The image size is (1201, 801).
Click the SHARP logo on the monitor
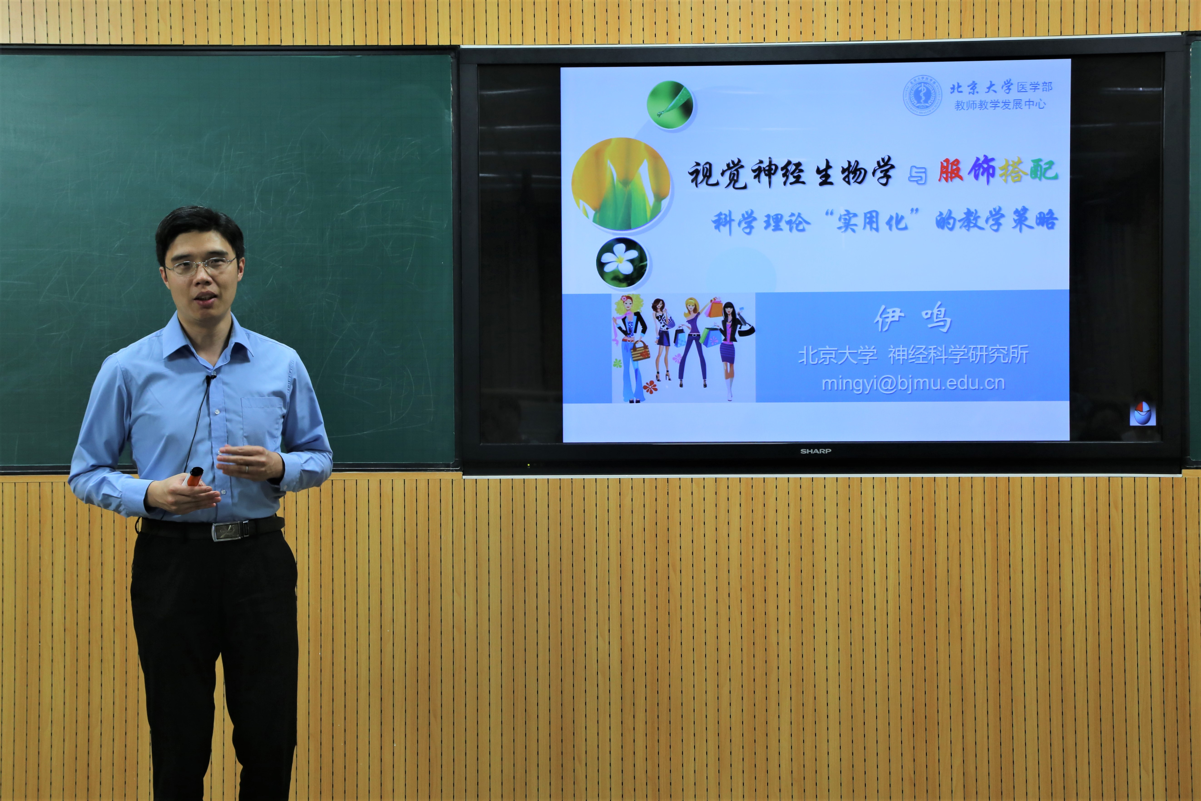tap(816, 451)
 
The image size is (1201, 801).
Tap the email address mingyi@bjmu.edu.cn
tap(913, 383)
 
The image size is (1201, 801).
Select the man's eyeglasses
tap(201, 266)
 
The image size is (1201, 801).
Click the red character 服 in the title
tap(951, 171)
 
